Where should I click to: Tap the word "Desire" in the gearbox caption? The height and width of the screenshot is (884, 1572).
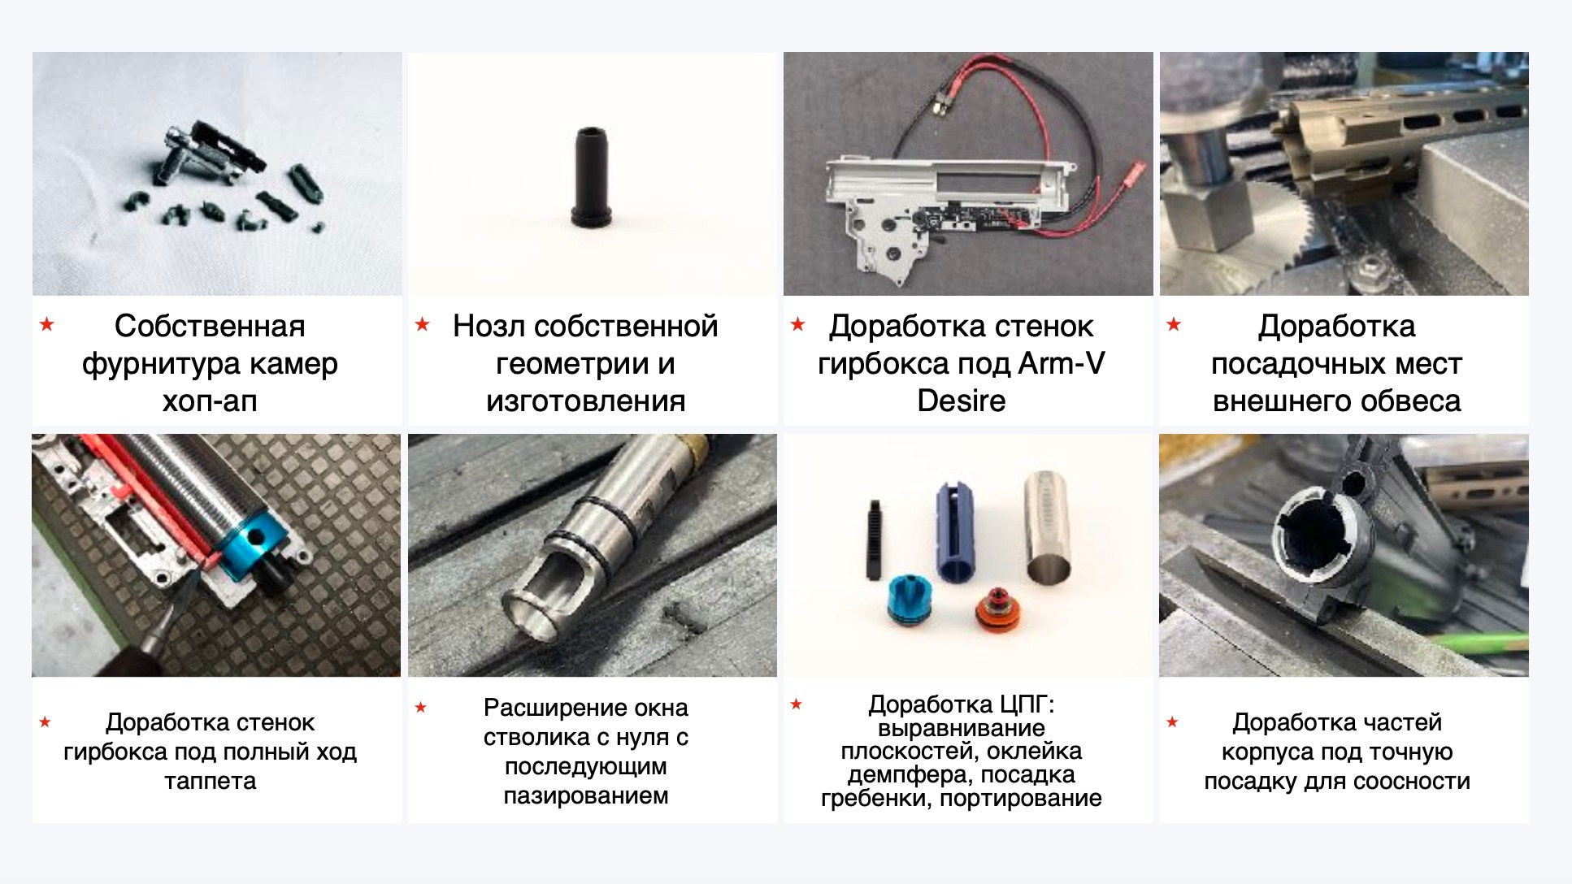pyautogui.click(x=962, y=401)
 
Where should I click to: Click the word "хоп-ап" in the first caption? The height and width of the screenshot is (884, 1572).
pyautogui.click(x=210, y=401)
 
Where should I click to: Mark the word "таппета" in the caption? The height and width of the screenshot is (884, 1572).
pyautogui.click(x=210, y=781)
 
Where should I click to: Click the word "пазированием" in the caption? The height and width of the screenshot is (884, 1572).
pyautogui.click(x=585, y=795)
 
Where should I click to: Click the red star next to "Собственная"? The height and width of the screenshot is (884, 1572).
pyautogui.click(x=47, y=325)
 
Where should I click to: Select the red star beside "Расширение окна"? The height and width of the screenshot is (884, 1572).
pyautogui.click(x=421, y=707)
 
